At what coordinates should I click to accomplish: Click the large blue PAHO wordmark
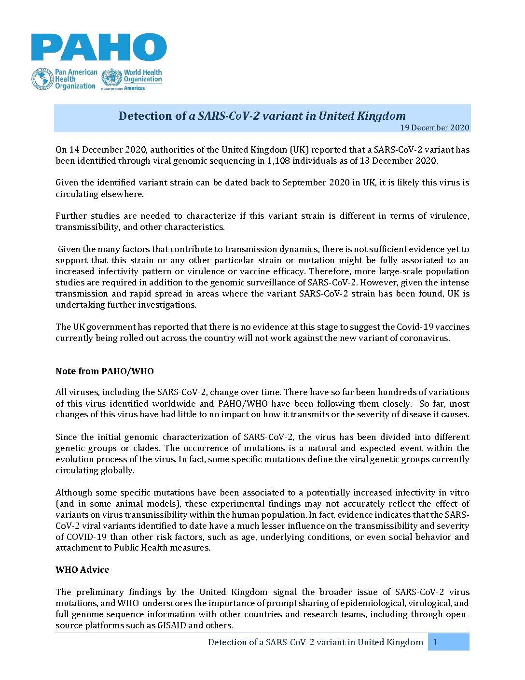click(99, 47)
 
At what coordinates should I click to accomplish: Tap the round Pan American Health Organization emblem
click(42, 79)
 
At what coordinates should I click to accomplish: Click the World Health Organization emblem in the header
click(111, 79)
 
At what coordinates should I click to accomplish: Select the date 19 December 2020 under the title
click(434, 127)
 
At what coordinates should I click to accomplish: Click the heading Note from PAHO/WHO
click(105, 371)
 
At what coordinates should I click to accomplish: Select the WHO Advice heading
click(82, 570)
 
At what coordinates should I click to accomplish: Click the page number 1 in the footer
click(436, 642)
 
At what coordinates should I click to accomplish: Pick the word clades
click(146, 448)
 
